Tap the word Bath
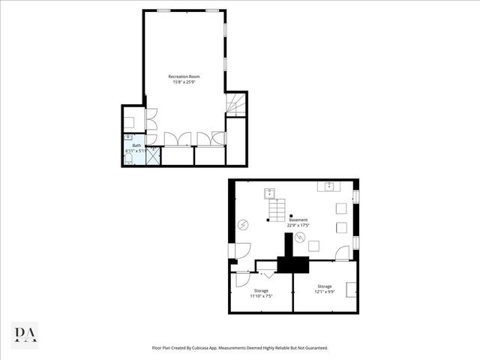click(136, 145)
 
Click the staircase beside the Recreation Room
click(235, 104)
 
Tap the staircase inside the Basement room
click(277, 210)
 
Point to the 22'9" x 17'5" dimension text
click(298, 225)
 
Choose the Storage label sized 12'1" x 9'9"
click(324, 286)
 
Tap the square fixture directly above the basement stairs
click(269, 193)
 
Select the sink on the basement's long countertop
click(329, 184)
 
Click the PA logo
click(25, 334)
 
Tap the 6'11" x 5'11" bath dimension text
click(136, 151)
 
